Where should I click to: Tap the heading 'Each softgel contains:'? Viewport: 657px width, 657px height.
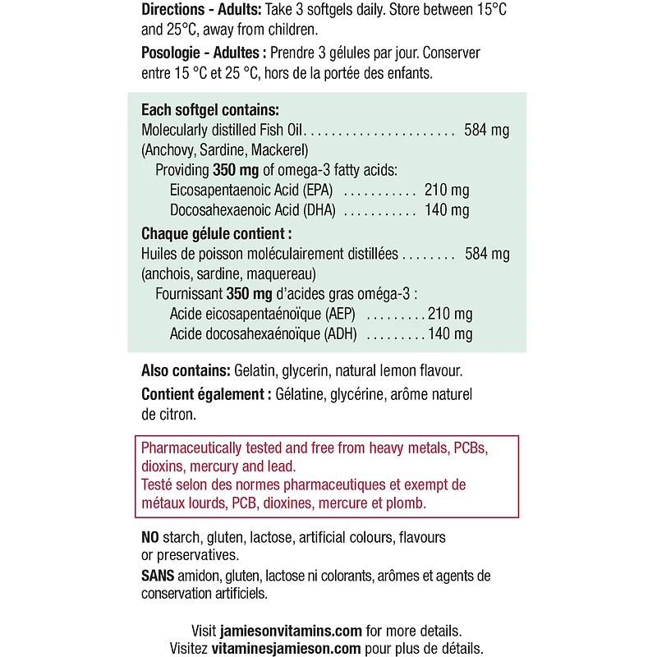coord(210,110)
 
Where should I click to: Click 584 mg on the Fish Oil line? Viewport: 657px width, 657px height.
coord(487,131)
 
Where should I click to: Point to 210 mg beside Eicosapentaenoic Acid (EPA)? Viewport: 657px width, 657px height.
coord(447,191)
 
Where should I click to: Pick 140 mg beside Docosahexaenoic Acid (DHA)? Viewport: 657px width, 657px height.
coord(447,211)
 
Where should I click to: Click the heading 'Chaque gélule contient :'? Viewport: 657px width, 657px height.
coord(217,234)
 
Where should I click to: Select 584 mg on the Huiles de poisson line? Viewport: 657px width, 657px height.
coord(487,255)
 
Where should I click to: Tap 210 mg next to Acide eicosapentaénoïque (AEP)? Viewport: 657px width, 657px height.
coord(450,315)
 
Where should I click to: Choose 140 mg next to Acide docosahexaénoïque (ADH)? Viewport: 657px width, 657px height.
coord(450,335)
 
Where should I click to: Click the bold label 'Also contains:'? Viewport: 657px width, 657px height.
coord(186,371)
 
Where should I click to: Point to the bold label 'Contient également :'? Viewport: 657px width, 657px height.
coord(206,394)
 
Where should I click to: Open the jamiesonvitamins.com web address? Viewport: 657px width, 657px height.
coord(292,632)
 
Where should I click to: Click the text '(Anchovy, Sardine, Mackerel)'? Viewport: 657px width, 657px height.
coord(224,150)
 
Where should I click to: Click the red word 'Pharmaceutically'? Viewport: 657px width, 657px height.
coord(191,448)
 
